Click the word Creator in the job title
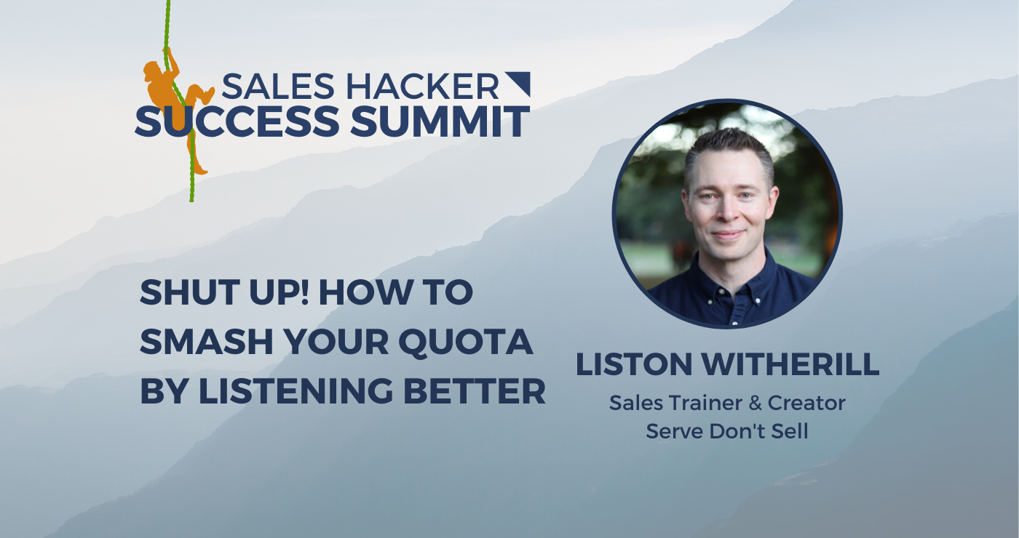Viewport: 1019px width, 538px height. [x=809, y=403]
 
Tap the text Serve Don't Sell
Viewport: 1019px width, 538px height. [x=727, y=431]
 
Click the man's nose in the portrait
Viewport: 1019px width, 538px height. [x=728, y=214]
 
